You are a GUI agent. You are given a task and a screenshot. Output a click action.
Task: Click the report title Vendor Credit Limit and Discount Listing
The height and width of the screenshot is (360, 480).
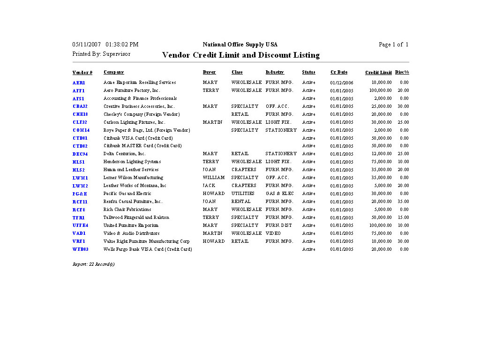coord(240,55)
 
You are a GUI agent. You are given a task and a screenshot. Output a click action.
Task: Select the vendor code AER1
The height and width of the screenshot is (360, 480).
coord(79,82)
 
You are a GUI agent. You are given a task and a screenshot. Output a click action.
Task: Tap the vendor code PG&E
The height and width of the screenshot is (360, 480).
coord(80,194)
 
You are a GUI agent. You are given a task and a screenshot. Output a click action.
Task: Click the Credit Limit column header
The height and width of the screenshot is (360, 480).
coord(378,73)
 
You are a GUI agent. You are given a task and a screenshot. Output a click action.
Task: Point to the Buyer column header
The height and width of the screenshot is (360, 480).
coord(209,72)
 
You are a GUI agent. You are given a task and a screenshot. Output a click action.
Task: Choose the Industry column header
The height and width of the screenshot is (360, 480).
coord(275,72)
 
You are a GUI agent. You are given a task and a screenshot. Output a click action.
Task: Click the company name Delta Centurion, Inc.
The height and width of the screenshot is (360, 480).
coord(125,154)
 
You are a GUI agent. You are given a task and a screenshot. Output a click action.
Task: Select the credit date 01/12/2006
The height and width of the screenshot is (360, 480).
coord(342,82)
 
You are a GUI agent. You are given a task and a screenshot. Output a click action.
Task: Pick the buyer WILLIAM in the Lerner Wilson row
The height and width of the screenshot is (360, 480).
coord(214,178)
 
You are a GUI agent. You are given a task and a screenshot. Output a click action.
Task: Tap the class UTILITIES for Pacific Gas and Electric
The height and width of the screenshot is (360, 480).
coord(243,194)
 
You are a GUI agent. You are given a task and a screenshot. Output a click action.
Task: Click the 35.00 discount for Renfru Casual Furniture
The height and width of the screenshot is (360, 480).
coord(403,202)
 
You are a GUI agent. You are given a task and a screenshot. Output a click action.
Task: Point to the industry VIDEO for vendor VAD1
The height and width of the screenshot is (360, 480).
coord(273,233)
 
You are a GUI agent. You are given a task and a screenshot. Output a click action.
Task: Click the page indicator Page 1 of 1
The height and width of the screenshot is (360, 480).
coord(393,45)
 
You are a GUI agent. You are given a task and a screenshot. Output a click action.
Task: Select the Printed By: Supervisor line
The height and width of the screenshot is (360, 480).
coord(101,54)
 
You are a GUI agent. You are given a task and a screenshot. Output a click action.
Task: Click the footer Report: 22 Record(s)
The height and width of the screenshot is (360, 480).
coord(94,264)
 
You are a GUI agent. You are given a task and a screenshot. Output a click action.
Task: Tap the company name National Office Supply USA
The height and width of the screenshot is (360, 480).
coord(240,45)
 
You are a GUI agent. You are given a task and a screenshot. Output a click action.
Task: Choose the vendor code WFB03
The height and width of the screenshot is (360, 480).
coord(81,249)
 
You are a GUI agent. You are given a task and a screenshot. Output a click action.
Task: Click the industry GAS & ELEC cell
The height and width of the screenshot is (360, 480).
coord(279,194)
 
